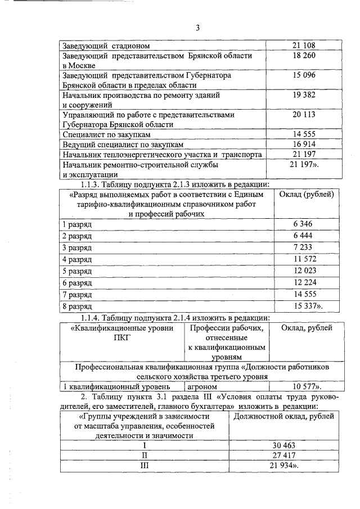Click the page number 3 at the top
coord(197,28)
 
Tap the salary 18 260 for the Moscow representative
coord(304,56)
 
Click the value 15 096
coord(304,75)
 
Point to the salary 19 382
coord(304,95)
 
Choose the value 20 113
coord(304,115)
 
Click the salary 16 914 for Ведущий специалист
coord(304,145)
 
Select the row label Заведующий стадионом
coord(105,46)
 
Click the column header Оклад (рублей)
coord(307,194)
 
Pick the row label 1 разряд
coord(77,224)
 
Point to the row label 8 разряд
coord(77,307)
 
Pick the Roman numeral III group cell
coord(145,466)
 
